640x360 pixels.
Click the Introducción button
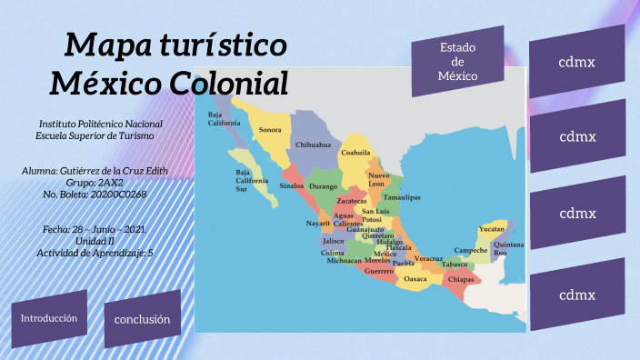(49, 318)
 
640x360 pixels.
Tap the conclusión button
(143, 319)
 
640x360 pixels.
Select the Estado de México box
(458, 62)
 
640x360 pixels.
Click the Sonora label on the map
(270, 130)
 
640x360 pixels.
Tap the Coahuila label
(355, 153)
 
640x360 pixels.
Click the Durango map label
(323, 186)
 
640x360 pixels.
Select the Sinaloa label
(291, 185)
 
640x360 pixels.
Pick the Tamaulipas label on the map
(402, 197)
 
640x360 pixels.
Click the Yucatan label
(492, 229)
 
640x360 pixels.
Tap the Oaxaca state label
(415, 279)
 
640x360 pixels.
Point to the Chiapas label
(461, 279)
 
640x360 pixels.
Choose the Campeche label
(471, 250)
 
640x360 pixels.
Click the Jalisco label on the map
(333, 242)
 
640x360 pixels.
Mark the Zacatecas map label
(352, 201)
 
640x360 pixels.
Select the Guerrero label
(379, 271)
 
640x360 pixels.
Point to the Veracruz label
(428, 259)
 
